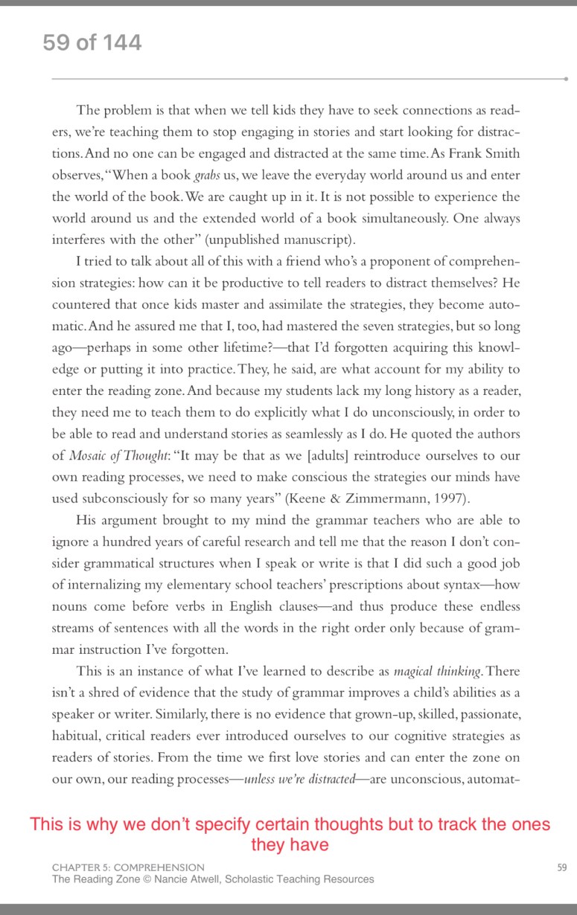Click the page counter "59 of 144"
pyautogui.click(x=92, y=42)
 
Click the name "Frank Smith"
pyautogui.click(x=487, y=155)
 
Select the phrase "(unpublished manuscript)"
pyautogui.click(x=293, y=240)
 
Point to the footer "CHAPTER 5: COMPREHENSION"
pyautogui.click(x=128, y=867)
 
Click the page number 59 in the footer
pyautogui.click(x=561, y=867)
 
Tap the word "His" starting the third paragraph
pyautogui.click(x=87, y=521)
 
